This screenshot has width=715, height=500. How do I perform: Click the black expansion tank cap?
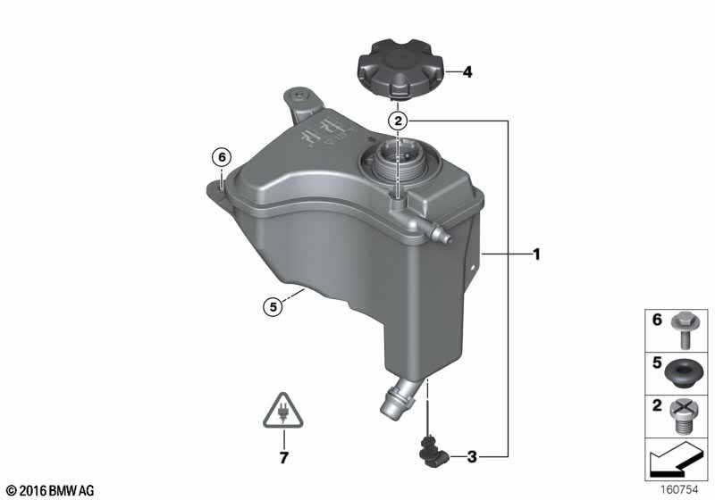400,70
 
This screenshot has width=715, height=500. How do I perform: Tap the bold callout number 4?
467,72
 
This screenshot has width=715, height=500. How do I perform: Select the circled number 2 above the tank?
399,121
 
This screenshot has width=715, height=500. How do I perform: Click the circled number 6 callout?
222,157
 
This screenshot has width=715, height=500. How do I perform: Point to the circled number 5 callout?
273,307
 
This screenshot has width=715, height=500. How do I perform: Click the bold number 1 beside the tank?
537,254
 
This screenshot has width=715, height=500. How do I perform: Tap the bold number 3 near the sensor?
472,456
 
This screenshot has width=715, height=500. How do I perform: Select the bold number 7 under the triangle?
283,458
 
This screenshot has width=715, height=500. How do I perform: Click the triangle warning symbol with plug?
283,412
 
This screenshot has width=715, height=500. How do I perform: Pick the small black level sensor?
432,451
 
